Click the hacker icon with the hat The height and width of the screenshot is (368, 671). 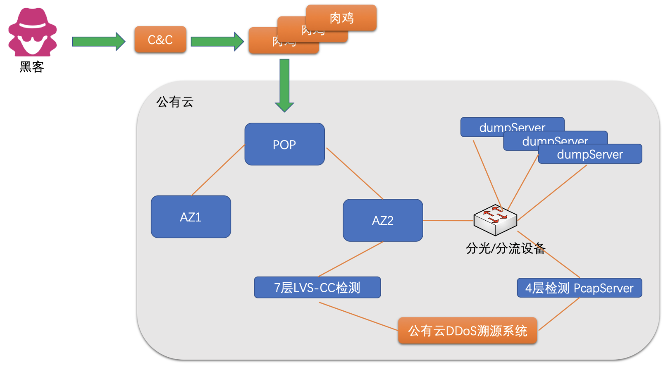click(33, 33)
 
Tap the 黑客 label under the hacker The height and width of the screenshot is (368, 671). click(32, 67)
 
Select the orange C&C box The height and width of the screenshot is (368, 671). click(160, 40)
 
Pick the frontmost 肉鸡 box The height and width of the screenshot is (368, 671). click(341, 18)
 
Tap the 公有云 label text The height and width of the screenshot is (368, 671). click(175, 102)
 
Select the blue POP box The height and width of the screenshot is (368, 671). click(284, 144)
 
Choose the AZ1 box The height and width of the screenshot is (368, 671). click(191, 217)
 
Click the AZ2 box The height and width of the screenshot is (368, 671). click(382, 220)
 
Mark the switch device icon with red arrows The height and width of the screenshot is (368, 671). click(495, 220)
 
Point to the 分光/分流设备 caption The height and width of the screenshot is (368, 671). click(505, 248)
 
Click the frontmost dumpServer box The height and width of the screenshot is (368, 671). click(589, 154)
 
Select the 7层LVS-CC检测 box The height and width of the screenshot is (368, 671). click(317, 287)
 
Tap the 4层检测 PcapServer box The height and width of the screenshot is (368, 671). click(579, 288)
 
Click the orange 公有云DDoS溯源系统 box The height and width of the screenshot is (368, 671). click(467, 331)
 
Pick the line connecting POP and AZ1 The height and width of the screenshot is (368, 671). click(218, 170)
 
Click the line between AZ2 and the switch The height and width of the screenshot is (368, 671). click(448, 221)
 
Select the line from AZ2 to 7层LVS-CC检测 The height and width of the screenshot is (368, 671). click(351, 259)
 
